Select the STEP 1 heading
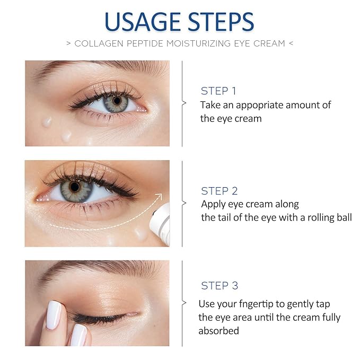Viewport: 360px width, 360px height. tap(218, 91)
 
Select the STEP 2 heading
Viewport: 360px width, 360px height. tap(219, 191)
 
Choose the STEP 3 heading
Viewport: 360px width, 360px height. tap(219, 286)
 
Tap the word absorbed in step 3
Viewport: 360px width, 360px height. tap(218, 331)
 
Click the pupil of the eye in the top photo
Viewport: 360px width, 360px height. tap(117, 101)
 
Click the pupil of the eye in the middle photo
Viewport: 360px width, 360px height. tap(74, 187)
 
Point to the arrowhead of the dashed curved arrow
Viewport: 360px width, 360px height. tap(157, 197)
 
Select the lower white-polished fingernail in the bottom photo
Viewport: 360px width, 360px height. tap(78, 336)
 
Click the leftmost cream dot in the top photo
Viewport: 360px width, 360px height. tap(47, 121)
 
